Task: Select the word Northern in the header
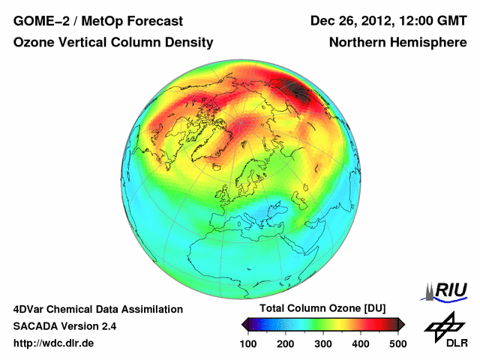click(x=356, y=43)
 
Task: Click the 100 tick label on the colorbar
click(x=249, y=343)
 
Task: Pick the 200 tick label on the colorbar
click(x=286, y=343)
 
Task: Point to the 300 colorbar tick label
click(x=323, y=343)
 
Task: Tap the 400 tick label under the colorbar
click(x=360, y=343)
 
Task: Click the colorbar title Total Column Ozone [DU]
click(x=322, y=309)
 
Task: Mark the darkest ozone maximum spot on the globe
click(x=303, y=94)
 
